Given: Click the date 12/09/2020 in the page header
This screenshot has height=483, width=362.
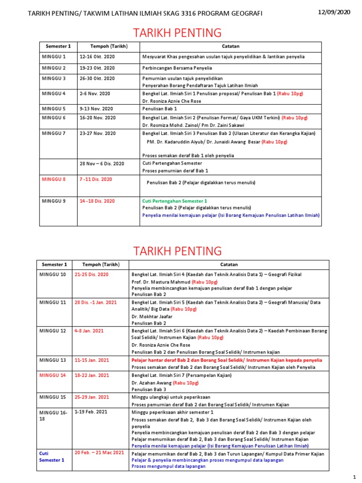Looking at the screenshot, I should click(335, 12).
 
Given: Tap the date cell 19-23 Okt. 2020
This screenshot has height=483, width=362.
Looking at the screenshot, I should click(97, 68).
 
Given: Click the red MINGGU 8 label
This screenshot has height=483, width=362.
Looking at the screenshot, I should click(54, 179).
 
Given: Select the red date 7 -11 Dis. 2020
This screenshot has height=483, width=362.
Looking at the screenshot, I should click(96, 179).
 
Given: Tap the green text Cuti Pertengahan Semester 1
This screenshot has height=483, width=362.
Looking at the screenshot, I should click(174, 200).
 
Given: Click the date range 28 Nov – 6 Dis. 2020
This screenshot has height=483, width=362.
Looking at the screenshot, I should click(102, 163).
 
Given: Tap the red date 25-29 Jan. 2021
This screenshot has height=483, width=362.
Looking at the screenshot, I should click(92, 397).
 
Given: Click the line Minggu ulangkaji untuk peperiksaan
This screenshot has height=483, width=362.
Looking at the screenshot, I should click(171, 397).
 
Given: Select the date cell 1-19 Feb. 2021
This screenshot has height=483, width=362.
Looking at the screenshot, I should click(91, 411).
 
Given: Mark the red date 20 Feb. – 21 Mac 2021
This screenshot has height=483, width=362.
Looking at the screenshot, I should click(99, 452).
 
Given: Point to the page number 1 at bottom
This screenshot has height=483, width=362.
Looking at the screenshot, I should click(354, 477).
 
